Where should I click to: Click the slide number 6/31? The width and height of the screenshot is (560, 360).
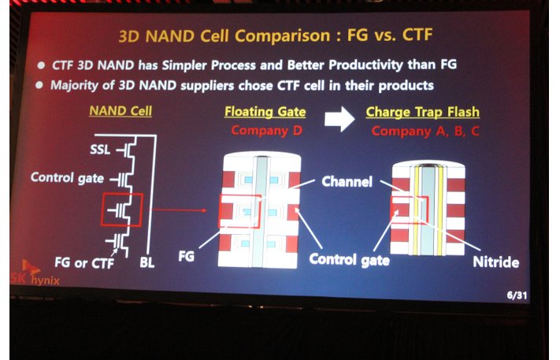pyautogui.click(x=517, y=295)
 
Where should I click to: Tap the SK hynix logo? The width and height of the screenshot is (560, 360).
pyautogui.click(x=35, y=273)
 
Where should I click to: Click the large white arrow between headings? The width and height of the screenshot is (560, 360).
pyautogui.click(x=339, y=119)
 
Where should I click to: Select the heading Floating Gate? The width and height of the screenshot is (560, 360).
pyautogui.click(x=265, y=112)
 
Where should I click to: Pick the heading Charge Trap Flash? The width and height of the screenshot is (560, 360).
pyautogui.click(x=422, y=112)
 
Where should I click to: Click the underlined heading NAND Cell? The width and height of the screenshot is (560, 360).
pyautogui.click(x=121, y=111)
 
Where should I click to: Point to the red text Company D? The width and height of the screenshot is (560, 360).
pyautogui.click(x=266, y=130)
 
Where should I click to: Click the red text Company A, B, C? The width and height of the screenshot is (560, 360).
pyautogui.click(x=425, y=131)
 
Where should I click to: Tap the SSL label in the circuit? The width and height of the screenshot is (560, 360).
pyautogui.click(x=100, y=150)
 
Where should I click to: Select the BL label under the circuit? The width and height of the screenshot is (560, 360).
pyautogui.click(x=147, y=263)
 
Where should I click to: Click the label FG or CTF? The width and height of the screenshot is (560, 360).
pyautogui.click(x=84, y=263)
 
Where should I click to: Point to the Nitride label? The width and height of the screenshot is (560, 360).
pyautogui.click(x=495, y=262)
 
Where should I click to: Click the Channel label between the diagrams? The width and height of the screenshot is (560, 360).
pyautogui.click(x=347, y=181)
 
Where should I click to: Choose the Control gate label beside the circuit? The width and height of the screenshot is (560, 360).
pyautogui.click(x=67, y=177)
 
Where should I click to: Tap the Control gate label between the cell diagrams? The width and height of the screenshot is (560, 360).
pyautogui.click(x=349, y=260)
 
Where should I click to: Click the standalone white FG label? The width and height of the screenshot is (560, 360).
pyautogui.click(x=186, y=256)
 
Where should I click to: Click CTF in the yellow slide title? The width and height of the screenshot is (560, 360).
pyautogui.click(x=417, y=35)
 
